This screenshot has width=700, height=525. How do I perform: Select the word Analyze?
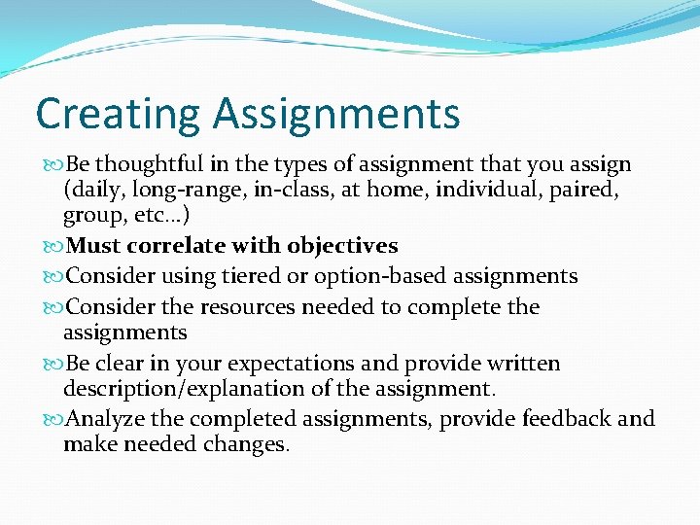click(x=104, y=419)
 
